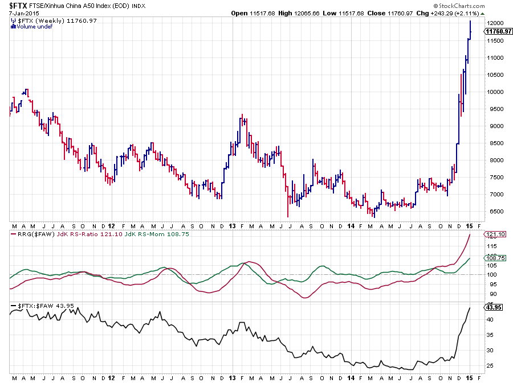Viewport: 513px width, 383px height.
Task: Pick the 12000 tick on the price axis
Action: tap(494, 23)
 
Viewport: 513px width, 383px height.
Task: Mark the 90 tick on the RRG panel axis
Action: tap(488, 294)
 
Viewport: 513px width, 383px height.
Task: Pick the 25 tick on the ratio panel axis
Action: tap(488, 365)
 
